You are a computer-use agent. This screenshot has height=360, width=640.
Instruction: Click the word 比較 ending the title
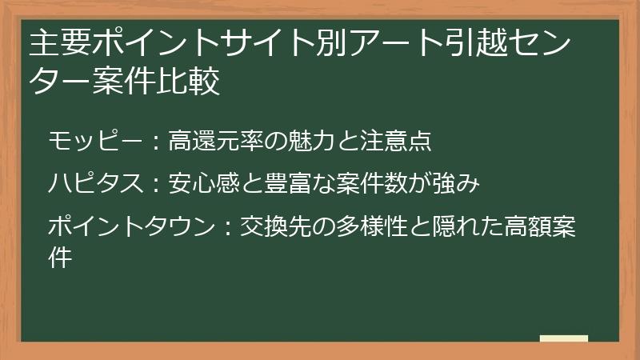pos(193,82)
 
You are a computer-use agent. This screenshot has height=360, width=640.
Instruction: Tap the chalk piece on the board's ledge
pos(563,338)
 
